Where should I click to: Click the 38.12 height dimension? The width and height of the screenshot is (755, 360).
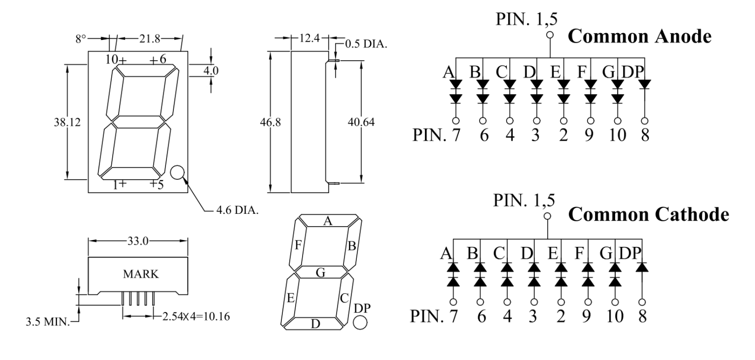pyautogui.click(x=68, y=122)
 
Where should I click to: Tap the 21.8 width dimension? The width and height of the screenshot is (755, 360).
pyautogui.click(x=149, y=39)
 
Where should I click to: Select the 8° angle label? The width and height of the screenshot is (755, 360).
pyautogui.click(x=81, y=39)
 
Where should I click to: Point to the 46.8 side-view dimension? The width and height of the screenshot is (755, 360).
pyautogui.click(x=270, y=122)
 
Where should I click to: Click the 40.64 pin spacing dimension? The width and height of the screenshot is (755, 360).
pyautogui.click(x=361, y=122)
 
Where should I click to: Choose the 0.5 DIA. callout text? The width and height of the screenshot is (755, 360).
pyautogui.click(x=366, y=44)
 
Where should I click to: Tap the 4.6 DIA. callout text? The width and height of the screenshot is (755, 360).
pyautogui.click(x=237, y=210)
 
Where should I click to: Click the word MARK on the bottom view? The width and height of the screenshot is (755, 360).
pyautogui.click(x=141, y=274)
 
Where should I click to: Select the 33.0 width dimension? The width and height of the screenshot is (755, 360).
pyautogui.click(x=138, y=241)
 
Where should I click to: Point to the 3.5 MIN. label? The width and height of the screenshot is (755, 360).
pyautogui.click(x=47, y=322)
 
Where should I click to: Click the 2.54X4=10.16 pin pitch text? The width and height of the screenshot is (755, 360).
pyautogui.click(x=196, y=316)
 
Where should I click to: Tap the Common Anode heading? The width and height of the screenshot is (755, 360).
pyautogui.click(x=640, y=36)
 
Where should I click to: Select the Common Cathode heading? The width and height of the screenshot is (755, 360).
pyautogui.click(x=649, y=214)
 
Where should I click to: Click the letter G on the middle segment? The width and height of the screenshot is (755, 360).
pyautogui.click(x=320, y=272)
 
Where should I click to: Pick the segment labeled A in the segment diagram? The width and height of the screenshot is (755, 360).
pyautogui.click(x=328, y=221)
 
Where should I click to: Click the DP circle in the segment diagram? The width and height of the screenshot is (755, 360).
pyautogui.click(x=360, y=322)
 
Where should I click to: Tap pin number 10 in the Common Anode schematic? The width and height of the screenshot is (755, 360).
pyautogui.click(x=618, y=135)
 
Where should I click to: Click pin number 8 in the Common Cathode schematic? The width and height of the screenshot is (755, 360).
pyautogui.click(x=642, y=316)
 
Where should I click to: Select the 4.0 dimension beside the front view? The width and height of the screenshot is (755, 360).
pyautogui.click(x=211, y=71)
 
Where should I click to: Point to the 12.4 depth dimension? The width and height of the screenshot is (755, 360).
pyautogui.click(x=309, y=39)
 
